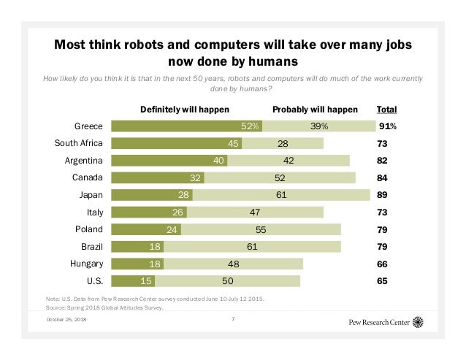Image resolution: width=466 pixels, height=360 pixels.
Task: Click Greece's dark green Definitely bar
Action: tap(186, 126)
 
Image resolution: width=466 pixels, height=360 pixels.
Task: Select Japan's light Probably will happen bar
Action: tap(281, 194)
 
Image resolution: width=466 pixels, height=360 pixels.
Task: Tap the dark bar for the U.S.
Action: tap(132, 280)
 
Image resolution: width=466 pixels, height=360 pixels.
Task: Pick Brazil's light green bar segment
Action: tap(252, 246)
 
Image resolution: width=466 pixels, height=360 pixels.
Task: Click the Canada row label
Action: tap(87, 177)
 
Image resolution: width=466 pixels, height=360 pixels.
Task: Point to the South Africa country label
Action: tap(79, 143)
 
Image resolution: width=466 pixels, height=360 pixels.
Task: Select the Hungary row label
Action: tap(84, 264)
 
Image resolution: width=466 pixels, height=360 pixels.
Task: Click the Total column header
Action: tap(386, 110)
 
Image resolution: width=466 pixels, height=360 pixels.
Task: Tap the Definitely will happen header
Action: tap(185, 110)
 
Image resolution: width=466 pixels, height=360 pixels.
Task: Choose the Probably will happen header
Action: tap(315, 110)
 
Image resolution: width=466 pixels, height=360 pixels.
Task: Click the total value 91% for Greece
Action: tap(388, 126)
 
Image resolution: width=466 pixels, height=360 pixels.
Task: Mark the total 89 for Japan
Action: tap(382, 195)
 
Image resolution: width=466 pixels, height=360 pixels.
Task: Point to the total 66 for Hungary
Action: tap(382, 264)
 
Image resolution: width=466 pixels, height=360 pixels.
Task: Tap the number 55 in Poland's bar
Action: tap(261, 229)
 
